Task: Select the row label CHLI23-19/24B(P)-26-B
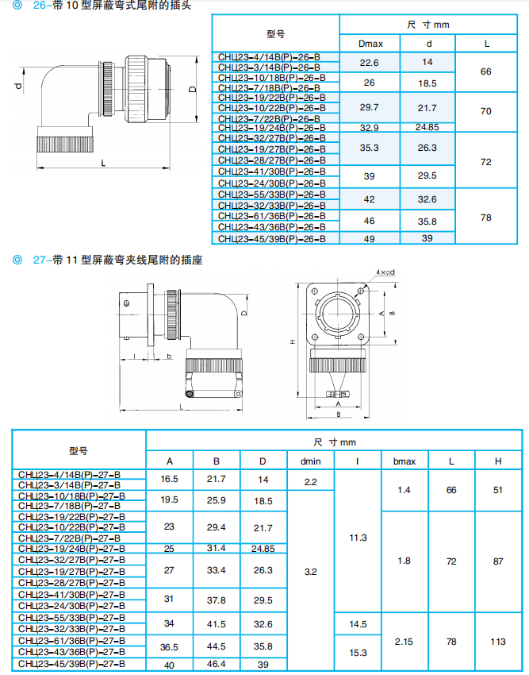pos(269,127)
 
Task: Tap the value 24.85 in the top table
pos(427,127)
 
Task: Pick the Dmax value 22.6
pos(369,62)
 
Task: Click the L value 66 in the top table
pos(485,71)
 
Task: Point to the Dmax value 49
pos(369,238)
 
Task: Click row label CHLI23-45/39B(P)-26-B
pos(269,238)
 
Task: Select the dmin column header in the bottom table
pos(310,461)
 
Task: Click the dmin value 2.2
pos(310,481)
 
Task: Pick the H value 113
pos(498,642)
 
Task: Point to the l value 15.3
pos(358,652)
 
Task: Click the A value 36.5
pos(169,647)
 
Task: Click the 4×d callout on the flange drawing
pos(386,273)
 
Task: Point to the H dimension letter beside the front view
pos(293,341)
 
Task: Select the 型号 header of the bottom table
pos(78,450)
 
